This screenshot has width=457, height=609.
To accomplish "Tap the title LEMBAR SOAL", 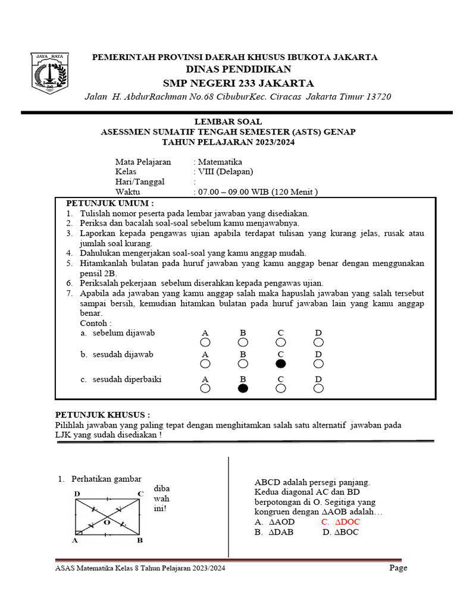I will coord(228,121).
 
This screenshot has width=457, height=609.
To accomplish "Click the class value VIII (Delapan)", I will coord(226,172).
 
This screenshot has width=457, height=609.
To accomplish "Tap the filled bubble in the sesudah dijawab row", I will coord(281,363).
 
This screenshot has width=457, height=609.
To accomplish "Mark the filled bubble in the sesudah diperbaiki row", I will coord(243,388).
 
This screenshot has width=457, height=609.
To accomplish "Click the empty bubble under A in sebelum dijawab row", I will coord(205,342).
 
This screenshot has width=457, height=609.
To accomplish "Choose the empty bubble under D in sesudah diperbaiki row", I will coord(318,388).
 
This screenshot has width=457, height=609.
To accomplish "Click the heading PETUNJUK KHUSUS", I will coord(102,414).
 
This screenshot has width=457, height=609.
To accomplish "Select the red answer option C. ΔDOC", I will coord(340,522).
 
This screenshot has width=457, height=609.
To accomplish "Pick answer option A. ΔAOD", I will coord(273,522).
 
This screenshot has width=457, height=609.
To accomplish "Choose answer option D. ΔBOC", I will coord(340,532).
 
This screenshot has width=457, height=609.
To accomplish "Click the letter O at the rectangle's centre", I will coord(107,522).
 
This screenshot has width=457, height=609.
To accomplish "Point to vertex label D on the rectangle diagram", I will coord(77,494).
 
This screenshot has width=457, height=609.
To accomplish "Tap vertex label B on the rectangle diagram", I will coord(139,540).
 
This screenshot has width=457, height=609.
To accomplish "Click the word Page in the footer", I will coord(398,568).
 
